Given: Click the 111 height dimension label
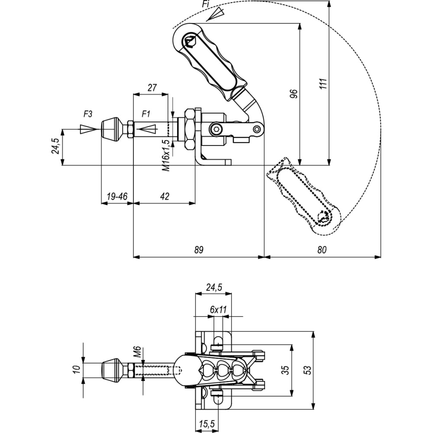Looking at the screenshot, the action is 323,84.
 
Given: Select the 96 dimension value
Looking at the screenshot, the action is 294,94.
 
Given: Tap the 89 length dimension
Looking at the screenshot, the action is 199,250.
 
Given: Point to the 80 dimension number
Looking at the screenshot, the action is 322,250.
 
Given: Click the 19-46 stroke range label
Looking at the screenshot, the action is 117,196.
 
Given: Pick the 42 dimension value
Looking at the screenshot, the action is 165,196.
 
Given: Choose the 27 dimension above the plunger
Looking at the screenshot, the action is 152,87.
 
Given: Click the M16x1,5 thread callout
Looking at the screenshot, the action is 166,155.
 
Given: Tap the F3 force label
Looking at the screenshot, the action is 88,114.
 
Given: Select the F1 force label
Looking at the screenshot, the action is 145,114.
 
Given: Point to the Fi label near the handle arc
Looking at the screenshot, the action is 205,4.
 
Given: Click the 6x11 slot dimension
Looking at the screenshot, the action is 218,310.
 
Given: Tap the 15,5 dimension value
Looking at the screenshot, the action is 207,423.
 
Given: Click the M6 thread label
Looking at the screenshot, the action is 138,352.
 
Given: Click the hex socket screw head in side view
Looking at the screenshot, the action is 215,129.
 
